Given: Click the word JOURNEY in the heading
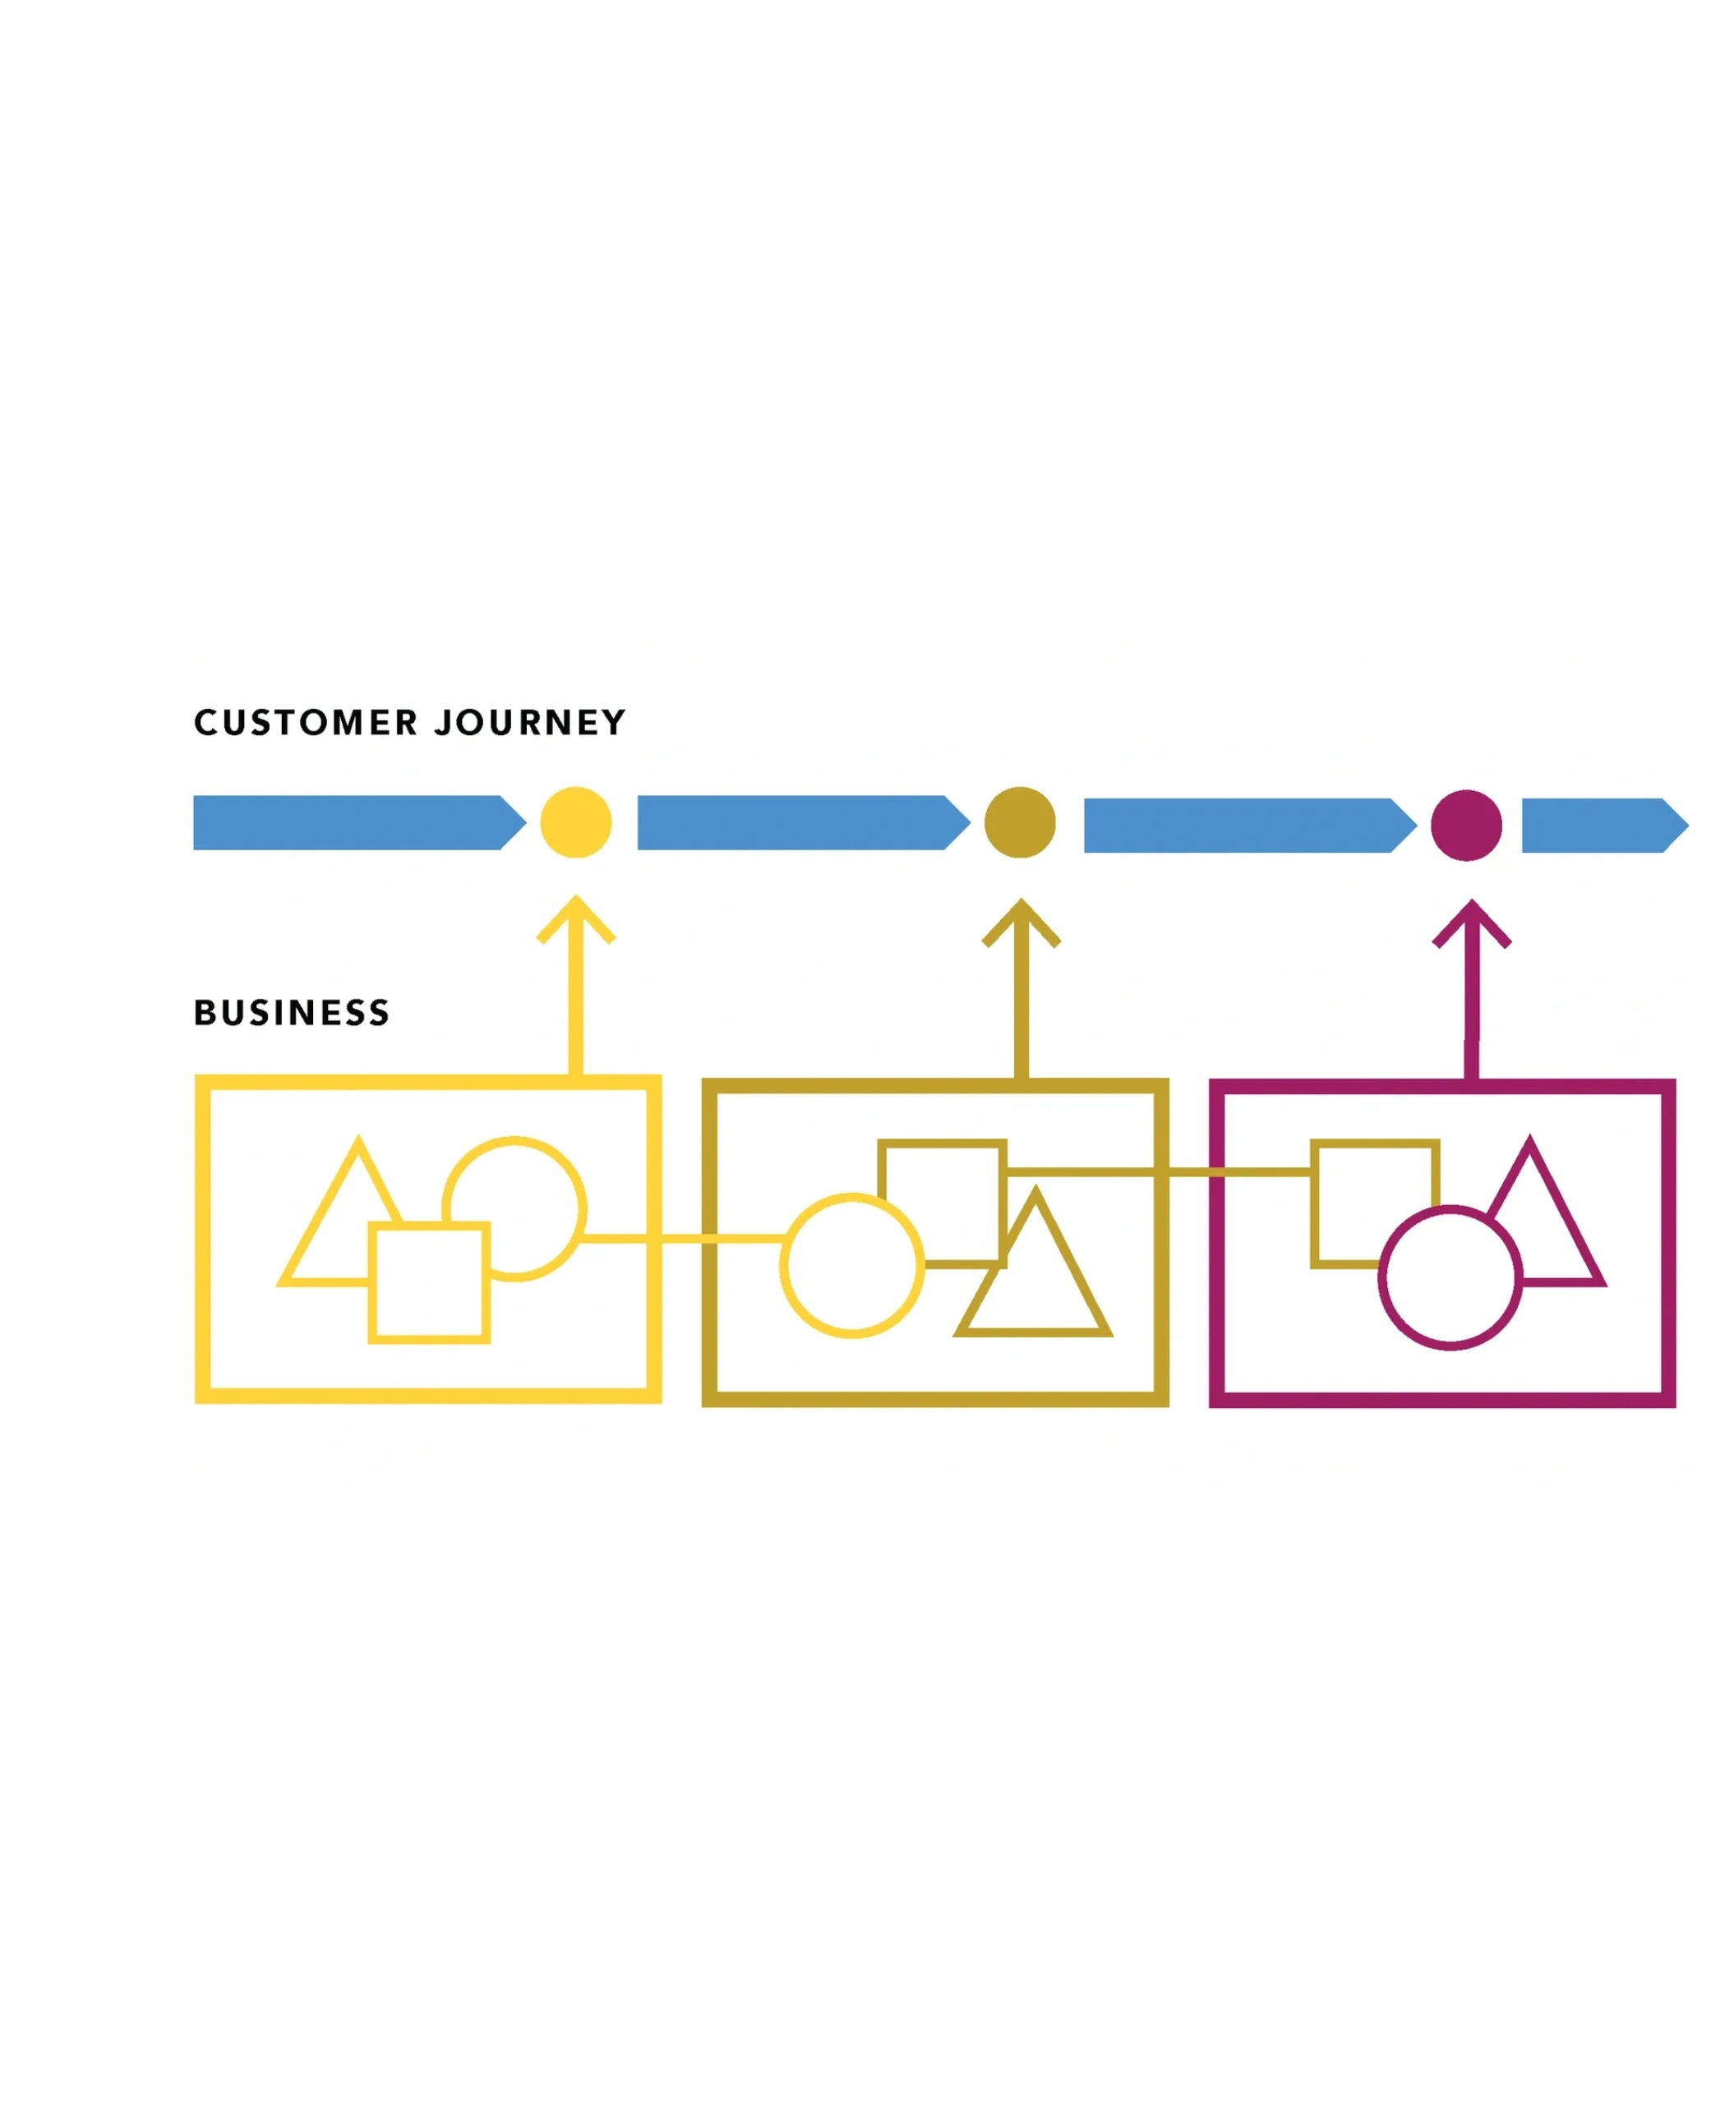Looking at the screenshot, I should tap(530, 723).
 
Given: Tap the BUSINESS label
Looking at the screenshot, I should tap(291, 1012).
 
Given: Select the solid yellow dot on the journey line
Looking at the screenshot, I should tap(575, 822).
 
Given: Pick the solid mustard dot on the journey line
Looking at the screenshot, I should tap(1020, 822).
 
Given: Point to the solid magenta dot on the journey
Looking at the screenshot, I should tap(1466, 825).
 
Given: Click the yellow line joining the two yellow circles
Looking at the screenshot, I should tap(684, 1238).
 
